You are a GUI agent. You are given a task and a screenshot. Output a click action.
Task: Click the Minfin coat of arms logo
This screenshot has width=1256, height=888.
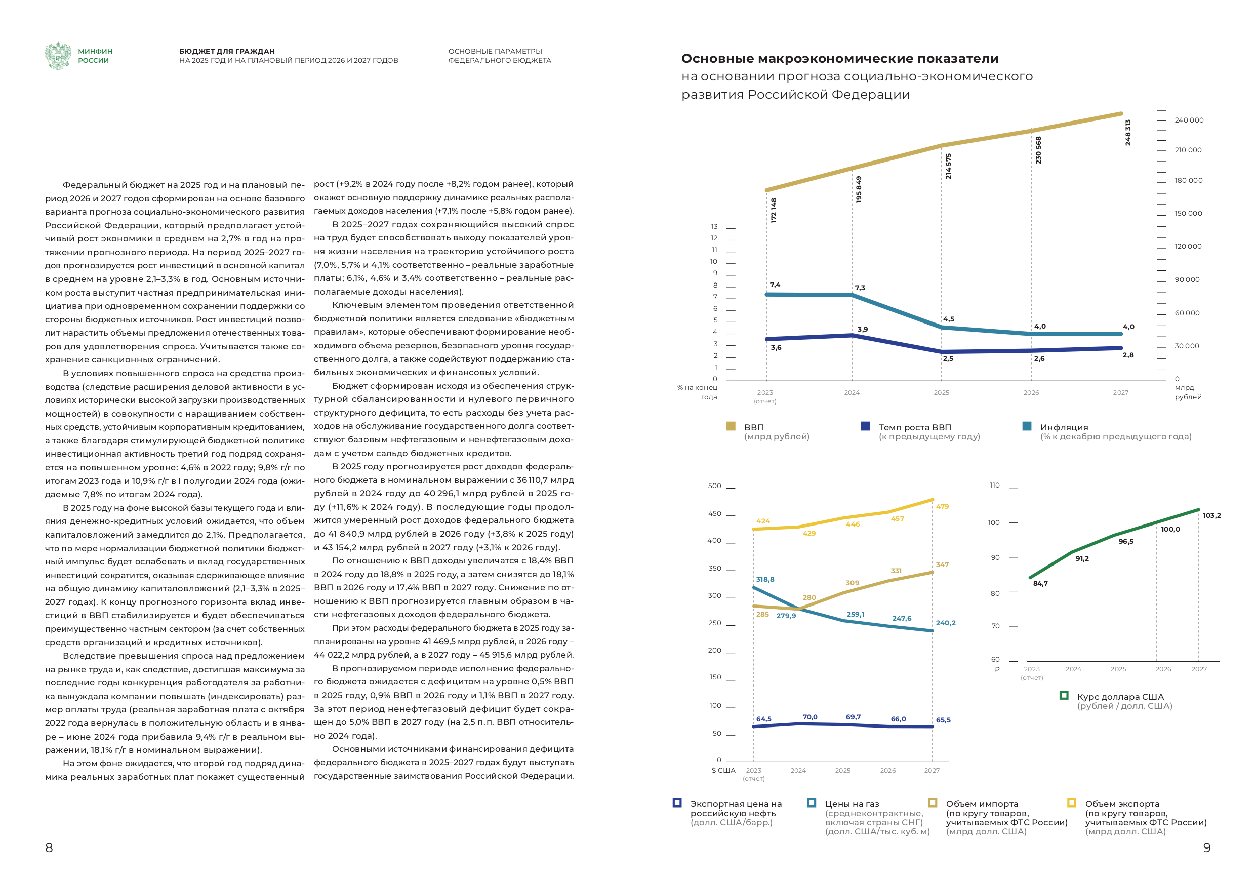pyautogui.click(x=58, y=56)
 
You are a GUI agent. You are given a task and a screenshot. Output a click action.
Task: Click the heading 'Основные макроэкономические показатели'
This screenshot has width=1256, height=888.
pyautogui.click(x=840, y=59)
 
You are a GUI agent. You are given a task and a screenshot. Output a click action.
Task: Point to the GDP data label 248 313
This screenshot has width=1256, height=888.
pyautogui.click(x=1127, y=133)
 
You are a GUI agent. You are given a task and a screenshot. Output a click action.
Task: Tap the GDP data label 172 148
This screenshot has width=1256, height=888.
pyautogui.click(x=774, y=210)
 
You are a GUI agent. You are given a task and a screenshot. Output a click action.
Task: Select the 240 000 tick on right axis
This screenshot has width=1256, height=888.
pyautogui.click(x=1189, y=120)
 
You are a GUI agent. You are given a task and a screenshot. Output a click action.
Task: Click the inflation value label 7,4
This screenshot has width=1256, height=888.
pyautogui.click(x=775, y=285)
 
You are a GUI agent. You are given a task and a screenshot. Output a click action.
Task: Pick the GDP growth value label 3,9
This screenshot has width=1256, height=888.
pyautogui.click(x=862, y=330)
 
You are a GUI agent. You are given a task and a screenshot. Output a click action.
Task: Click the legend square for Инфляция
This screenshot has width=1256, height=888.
pyautogui.click(x=1027, y=426)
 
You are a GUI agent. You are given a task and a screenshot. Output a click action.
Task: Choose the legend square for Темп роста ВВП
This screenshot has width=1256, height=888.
pyautogui.click(x=865, y=426)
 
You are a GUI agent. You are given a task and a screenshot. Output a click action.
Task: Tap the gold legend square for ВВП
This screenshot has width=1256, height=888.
pyautogui.click(x=731, y=426)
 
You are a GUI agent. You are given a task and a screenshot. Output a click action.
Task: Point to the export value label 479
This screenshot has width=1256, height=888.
pyautogui.click(x=942, y=507)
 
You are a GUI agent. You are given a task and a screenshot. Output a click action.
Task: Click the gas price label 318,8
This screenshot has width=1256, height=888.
pyautogui.click(x=765, y=579)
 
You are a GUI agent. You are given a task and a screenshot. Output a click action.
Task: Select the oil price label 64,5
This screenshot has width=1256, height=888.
pyautogui.click(x=763, y=719)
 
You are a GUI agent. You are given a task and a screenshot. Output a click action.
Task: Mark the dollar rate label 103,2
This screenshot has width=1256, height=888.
pyautogui.click(x=1211, y=515)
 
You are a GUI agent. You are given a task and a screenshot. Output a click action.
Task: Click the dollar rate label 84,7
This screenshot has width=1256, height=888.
pyautogui.click(x=1040, y=583)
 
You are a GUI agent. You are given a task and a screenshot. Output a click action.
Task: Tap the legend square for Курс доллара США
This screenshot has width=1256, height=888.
pyautogui.click(x=1064, y=696)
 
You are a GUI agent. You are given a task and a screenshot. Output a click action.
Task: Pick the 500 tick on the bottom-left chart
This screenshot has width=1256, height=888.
pyautogui.click(x=714, y=486)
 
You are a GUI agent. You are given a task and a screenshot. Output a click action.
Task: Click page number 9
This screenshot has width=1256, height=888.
pyautogui.click(x=1207, y=847)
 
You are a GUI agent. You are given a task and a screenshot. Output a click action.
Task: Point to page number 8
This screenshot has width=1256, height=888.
pyautogui.click(x=49, y=847)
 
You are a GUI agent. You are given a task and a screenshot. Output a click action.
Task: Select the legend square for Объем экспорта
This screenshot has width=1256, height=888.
pyautogui.click(x=1072, y=802)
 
